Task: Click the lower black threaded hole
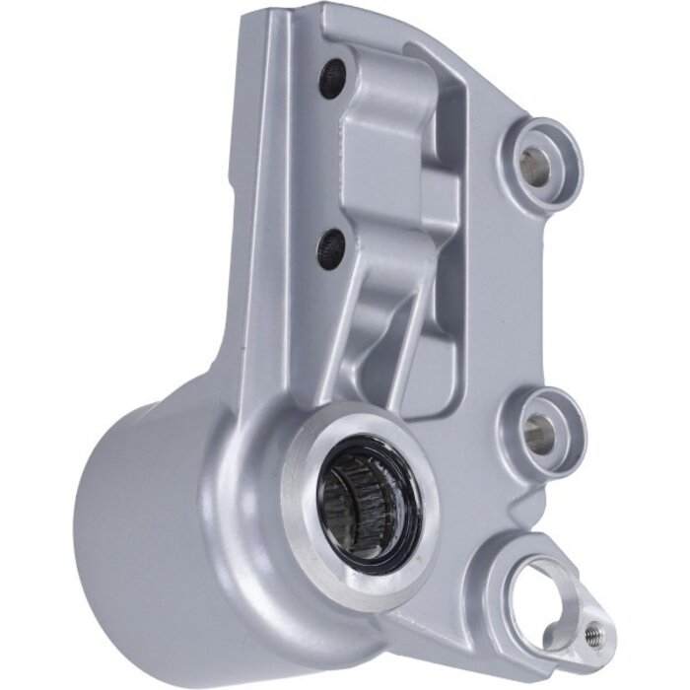331,247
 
